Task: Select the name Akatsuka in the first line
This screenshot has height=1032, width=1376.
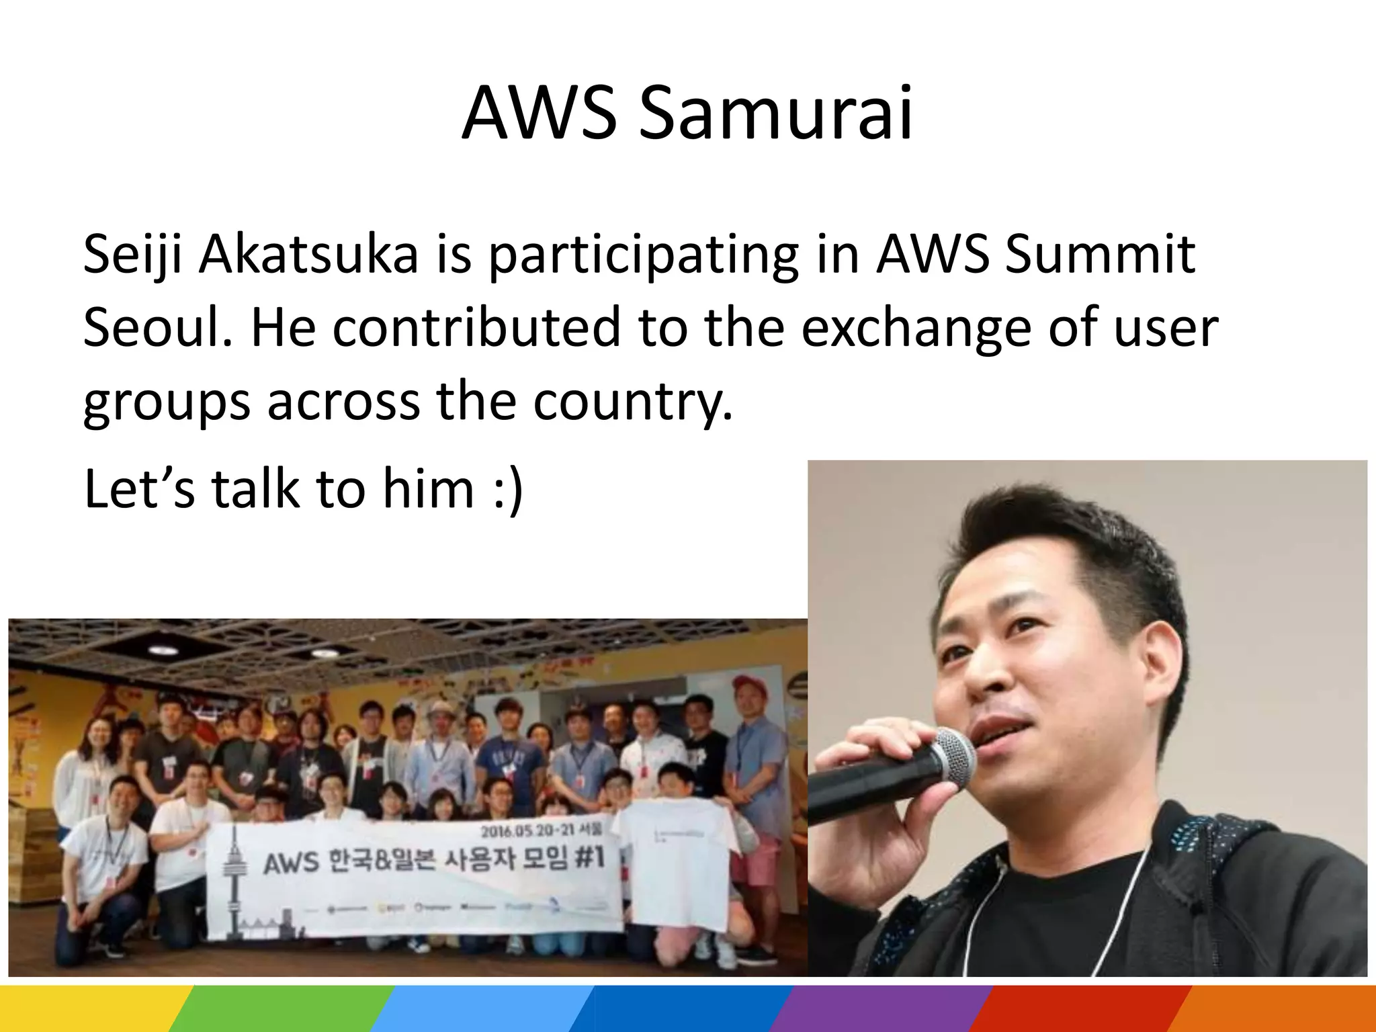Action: pyautogui.click(x=308, y=255)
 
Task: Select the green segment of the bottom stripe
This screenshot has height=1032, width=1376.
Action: pyautogui.click(x=282, y=1008)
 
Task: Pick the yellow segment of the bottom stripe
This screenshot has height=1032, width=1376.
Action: pyautogui.click(x=87, y=1008)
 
